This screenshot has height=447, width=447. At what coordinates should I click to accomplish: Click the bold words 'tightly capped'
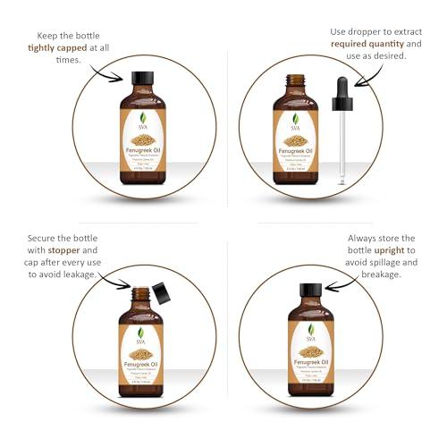tap(66, 47)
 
